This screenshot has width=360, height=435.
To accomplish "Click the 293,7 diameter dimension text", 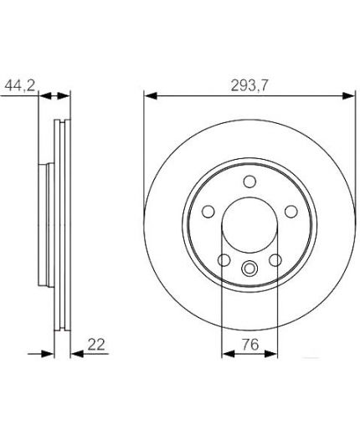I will coord(248,83).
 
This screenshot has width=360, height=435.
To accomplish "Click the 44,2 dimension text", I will coord(19,83).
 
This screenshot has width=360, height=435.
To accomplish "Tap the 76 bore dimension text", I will coord(247,343).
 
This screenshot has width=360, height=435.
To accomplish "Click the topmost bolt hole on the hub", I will coord(249,182).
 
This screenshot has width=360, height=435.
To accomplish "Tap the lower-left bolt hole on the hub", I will coord(223,259).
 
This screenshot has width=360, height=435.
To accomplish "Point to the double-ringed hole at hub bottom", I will coord(249,269).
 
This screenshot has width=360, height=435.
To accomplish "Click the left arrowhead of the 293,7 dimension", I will coord(148,95).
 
